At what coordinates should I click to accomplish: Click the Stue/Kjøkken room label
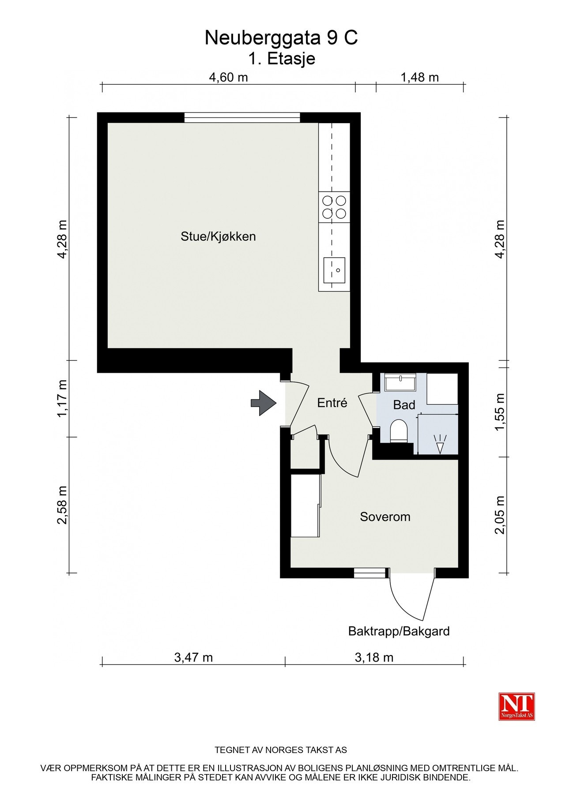click(218, 236)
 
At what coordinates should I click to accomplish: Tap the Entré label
click(332, 403)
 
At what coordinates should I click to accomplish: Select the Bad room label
click(404, 405)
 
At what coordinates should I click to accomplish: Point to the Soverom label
click(385, 517)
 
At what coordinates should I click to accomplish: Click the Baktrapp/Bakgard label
click(399, 631)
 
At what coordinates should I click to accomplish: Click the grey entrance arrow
click(264, 403)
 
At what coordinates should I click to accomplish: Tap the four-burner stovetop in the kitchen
click(334, 207)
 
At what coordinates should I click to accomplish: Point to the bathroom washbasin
click(400, 382)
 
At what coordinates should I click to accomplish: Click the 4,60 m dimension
click(229, 78)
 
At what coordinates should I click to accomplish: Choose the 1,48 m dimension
click(419, 78)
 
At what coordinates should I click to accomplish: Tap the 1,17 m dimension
click(62, 398)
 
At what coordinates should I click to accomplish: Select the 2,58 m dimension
click(62, 505)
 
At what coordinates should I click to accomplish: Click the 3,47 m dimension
click(193, 658)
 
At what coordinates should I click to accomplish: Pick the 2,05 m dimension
click(500, 515)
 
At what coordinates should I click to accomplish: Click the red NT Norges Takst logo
click(517, 706)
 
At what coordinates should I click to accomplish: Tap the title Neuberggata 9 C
click(281, 38)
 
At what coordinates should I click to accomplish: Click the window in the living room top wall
click(242, 118)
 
